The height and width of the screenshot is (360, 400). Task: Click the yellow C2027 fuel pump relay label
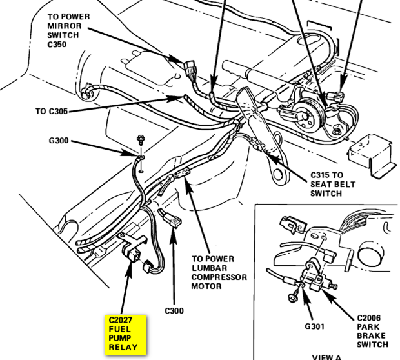pyautogui.click(x=125, y=334)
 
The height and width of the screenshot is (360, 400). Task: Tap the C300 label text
pyautogui.click(x=174, y=311)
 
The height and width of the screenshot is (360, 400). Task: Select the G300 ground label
pyautogui.click(x=59, y=141)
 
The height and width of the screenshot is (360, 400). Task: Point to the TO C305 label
pyautogui.click(x=51, y=111)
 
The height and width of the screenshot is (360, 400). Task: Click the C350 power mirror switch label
pyautogui.click(x=68, y=30)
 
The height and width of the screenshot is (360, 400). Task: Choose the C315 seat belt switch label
pyautogui.click(x=333, y=185)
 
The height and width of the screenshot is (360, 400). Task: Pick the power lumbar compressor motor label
pyautogui.click(x=219, y=272)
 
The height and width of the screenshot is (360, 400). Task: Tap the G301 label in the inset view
pyautogui.click(x=315, y=326)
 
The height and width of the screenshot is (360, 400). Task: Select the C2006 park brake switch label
pyautogui.click(x=372, y=331)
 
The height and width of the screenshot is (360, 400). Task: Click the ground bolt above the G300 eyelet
pyautogui.click(x=140, y=139)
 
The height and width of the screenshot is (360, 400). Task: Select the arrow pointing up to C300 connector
pyautogui.click(x=174, y=266)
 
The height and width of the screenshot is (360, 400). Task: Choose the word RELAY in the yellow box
pyautogui.click(x=123, y=347)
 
